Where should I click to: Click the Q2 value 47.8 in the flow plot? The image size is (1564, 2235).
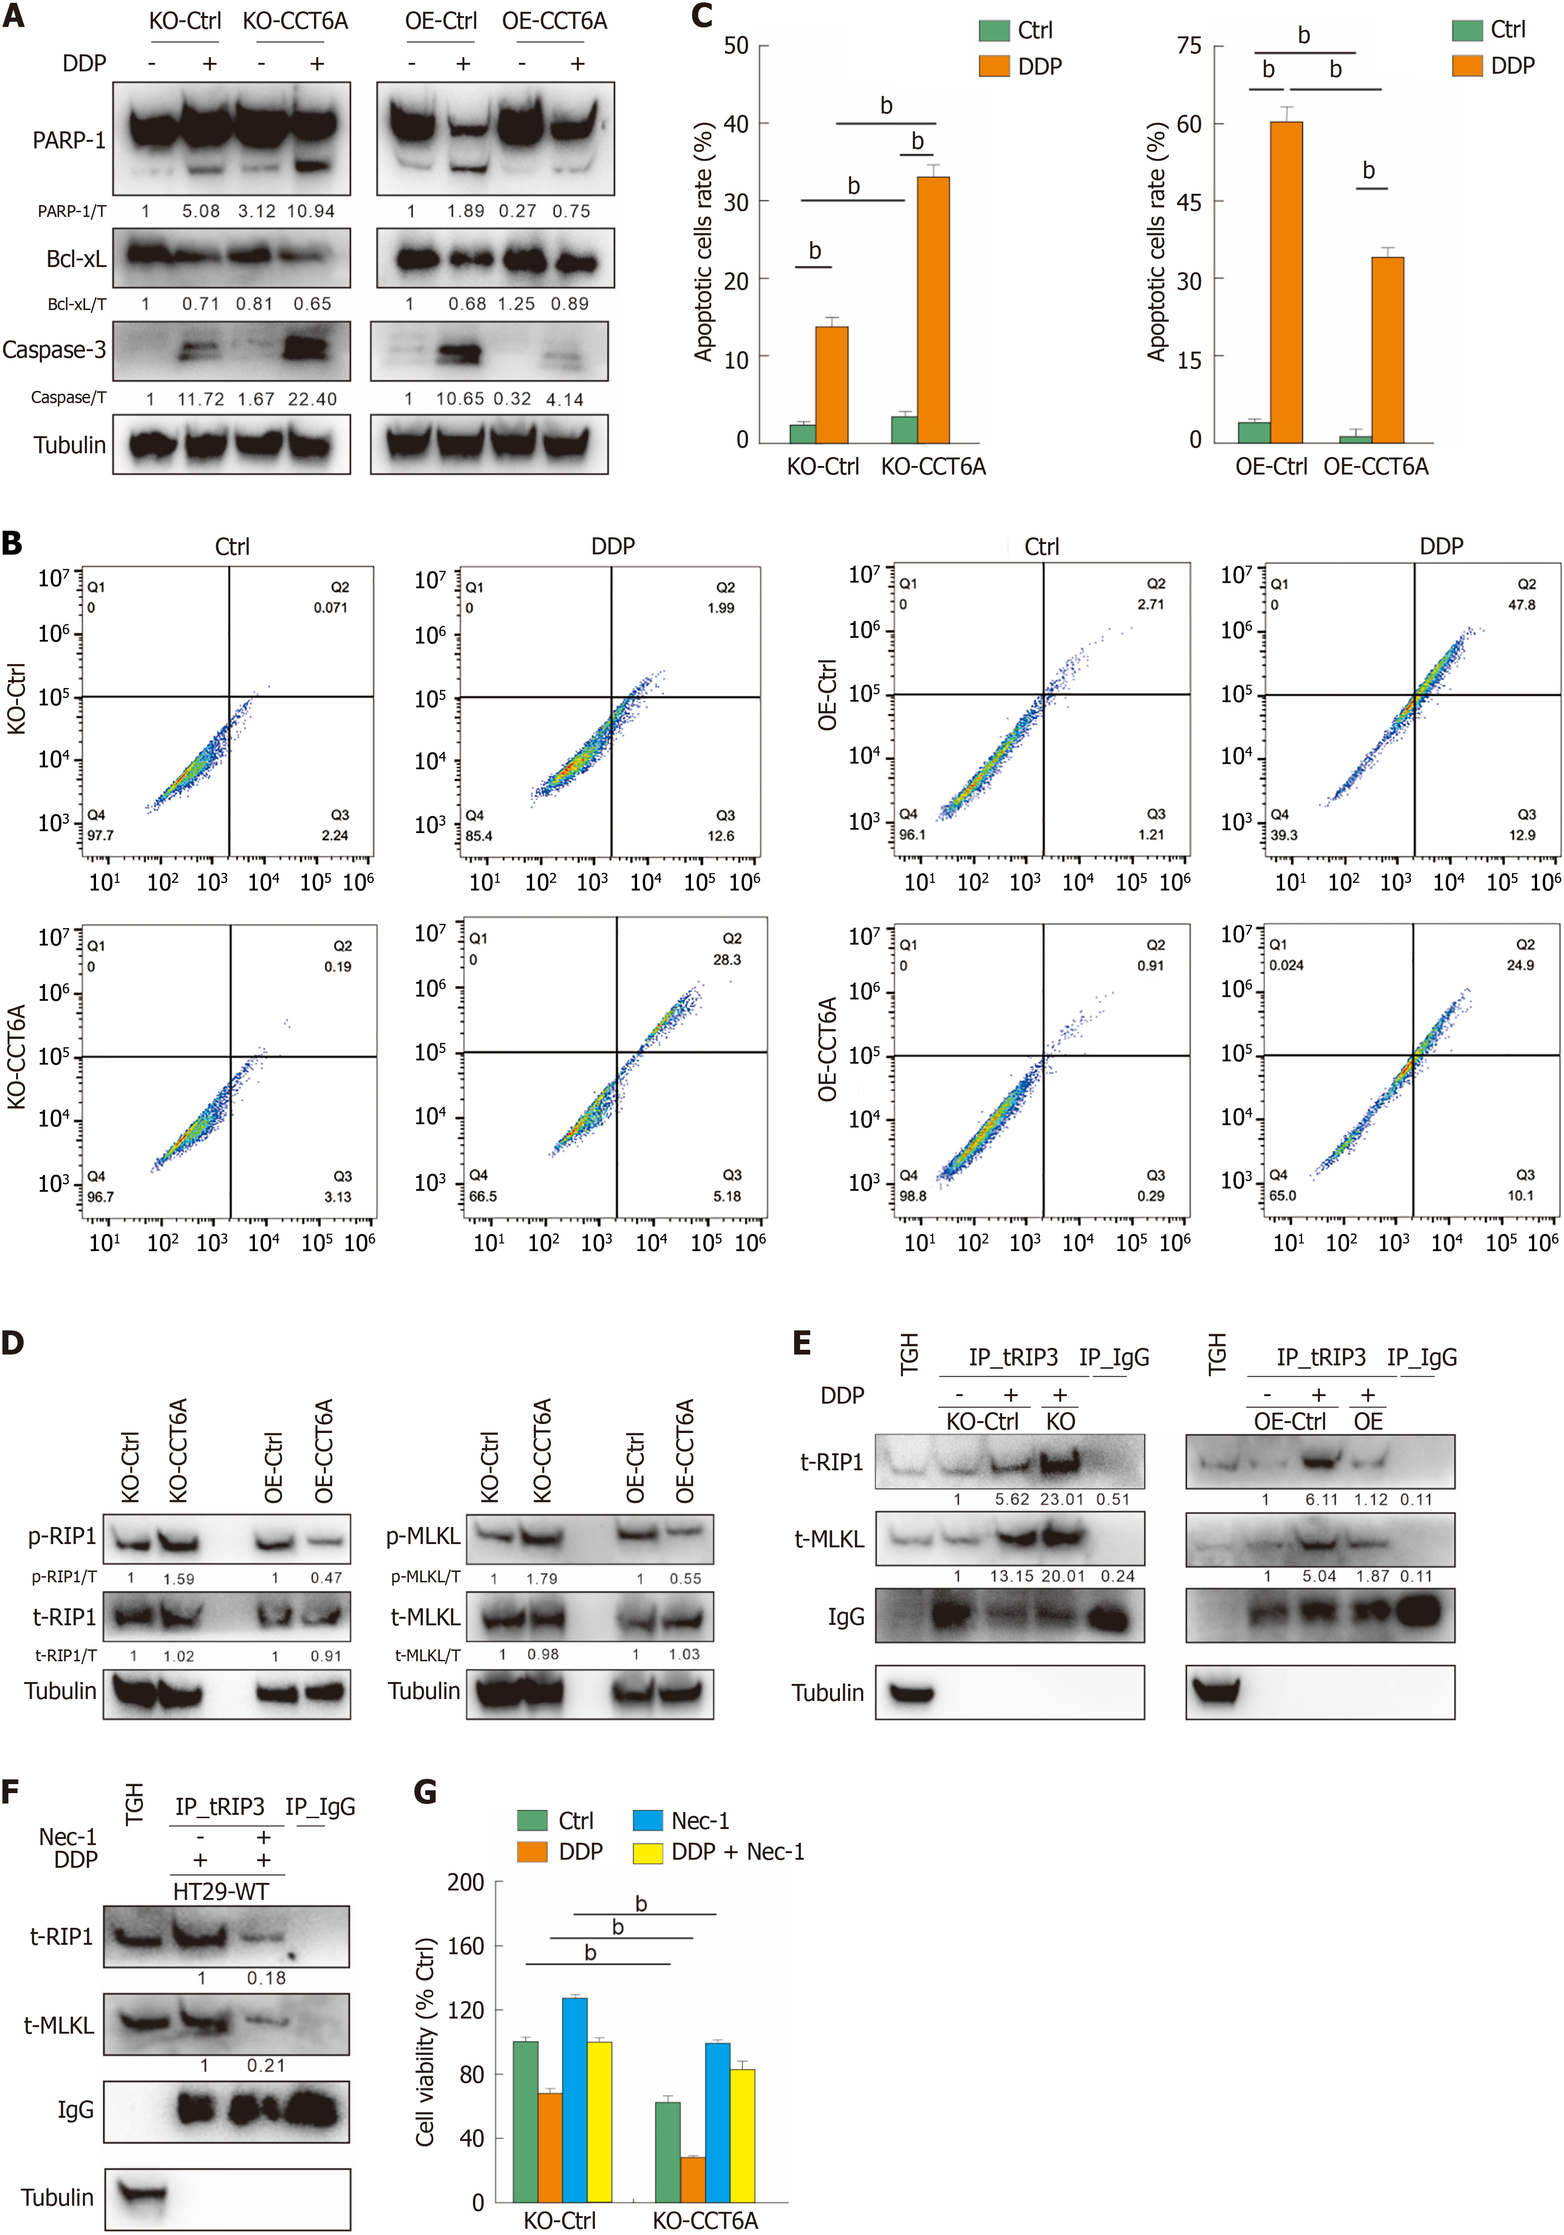[x=1521, y=604]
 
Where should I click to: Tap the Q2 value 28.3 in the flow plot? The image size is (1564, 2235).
[x=726, y=960]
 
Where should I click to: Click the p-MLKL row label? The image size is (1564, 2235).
[x=423, y=1536]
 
